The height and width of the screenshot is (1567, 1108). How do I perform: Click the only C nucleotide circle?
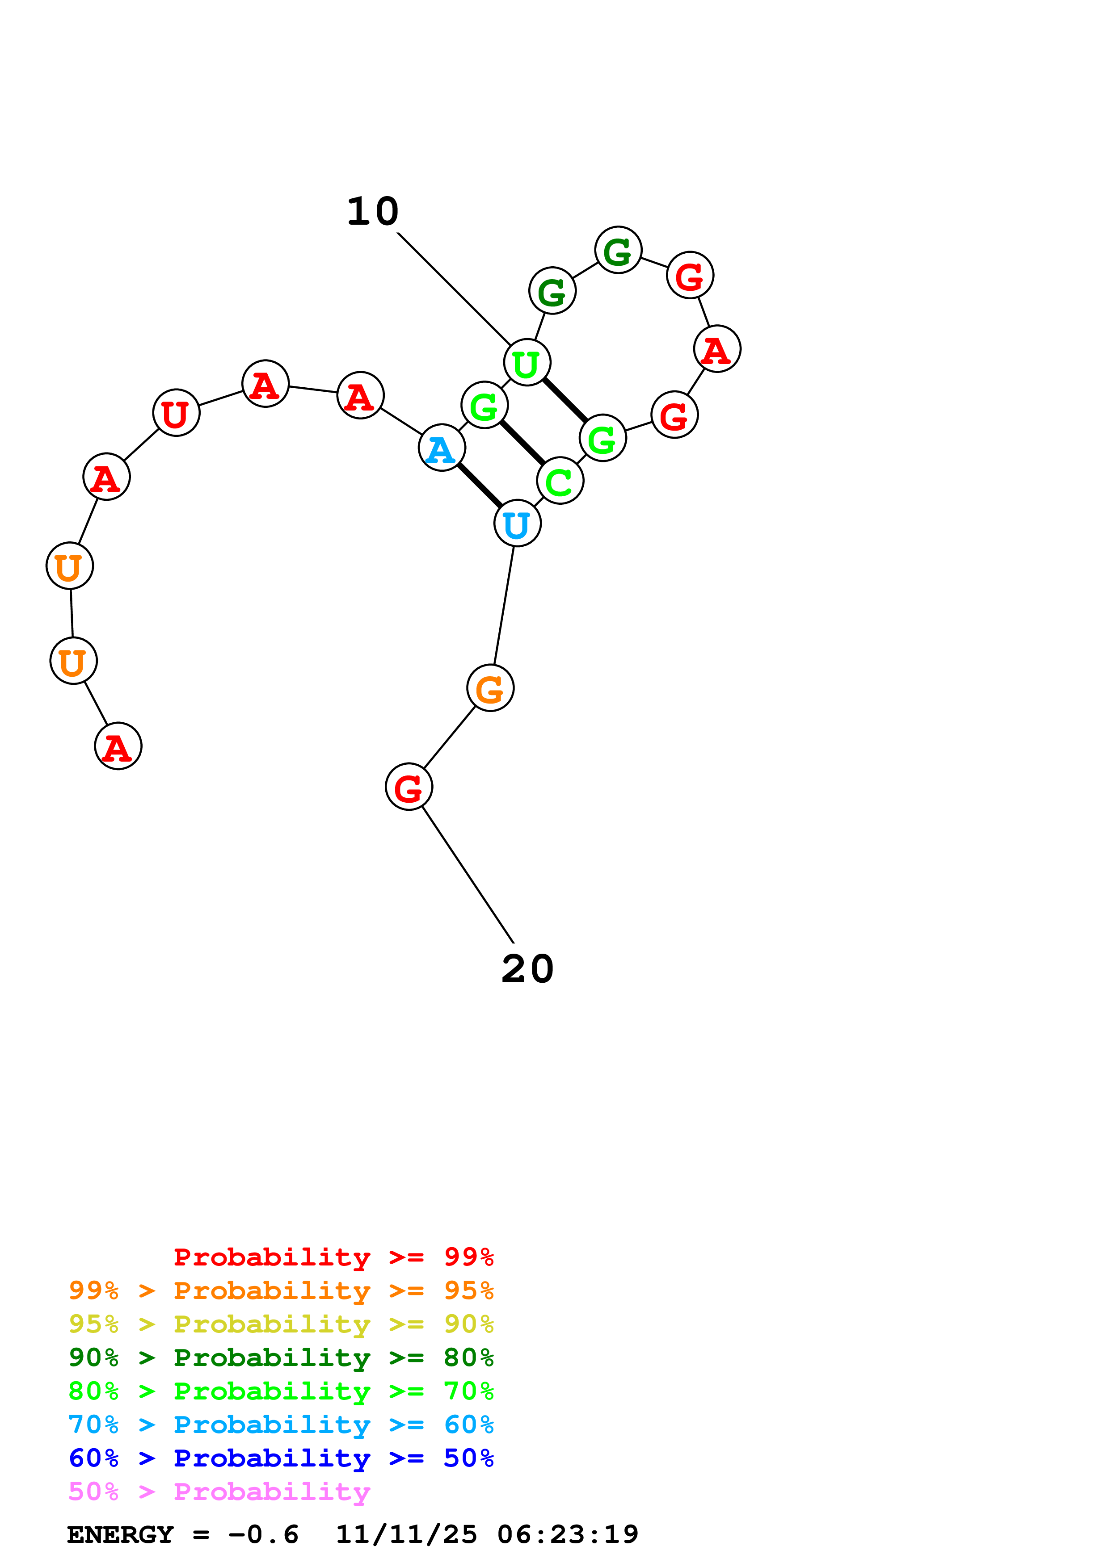(560, 481)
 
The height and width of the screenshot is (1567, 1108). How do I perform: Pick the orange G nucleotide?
(490, 687)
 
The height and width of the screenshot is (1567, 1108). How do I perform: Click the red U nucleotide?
(176, 413)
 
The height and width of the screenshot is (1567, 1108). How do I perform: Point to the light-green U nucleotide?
(527, 362)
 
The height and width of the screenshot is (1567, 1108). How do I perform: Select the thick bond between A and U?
(479, 485)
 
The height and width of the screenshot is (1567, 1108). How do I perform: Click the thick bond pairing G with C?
(522, 443)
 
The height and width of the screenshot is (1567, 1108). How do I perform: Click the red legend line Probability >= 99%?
(333, 1257)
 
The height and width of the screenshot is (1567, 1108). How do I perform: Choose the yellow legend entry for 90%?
(281, 1324)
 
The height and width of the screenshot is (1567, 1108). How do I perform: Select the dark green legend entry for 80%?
(281, 1358)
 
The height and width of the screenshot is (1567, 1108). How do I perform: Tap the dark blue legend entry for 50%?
(281, 1458)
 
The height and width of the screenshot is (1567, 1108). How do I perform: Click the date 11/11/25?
(406, 1534)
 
